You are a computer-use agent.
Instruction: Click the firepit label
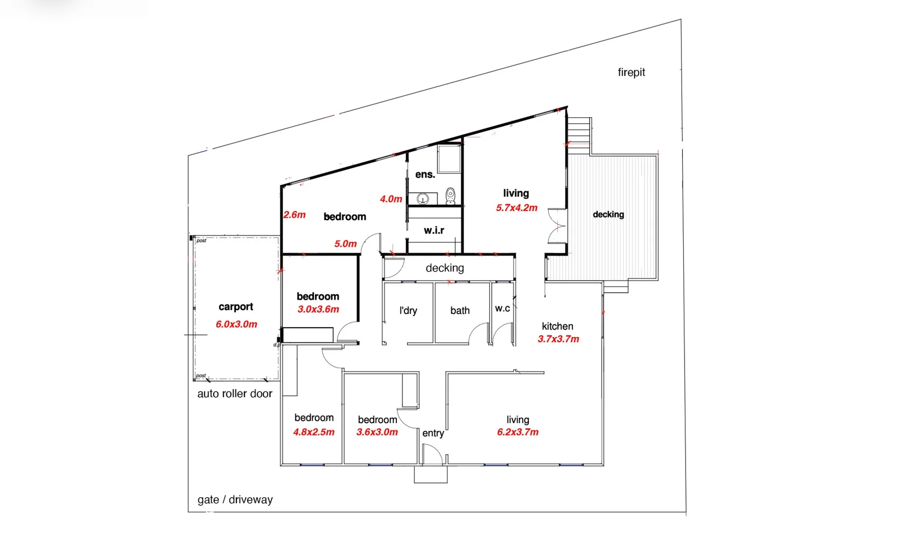pyautogui.click(x=631, y=73)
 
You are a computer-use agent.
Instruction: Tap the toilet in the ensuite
pyautogui.click(x=450, y=195)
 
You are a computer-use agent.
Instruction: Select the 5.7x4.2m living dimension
pyautogui.click(x=516, y=208)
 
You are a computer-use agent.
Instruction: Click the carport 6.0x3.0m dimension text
pyautogui.click(x=236, y=324)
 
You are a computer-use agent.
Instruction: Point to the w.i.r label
pyautogui.click(x=434, y=230)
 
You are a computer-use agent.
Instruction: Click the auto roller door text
pyautogui.click(x=234, y=394)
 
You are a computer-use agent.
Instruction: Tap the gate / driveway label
pyautogui.click(x=235, y=500)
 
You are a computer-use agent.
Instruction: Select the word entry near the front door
pyautogui.click(x=433, y=433)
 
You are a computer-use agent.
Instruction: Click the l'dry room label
pyautogui.click(x=408, y=311)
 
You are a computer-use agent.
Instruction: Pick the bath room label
pyautogui.click(x=460, y=311)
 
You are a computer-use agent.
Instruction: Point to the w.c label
pyautogui.click(x=502, y=309)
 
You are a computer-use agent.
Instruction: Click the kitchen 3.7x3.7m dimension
pyautogui.click(x=558, y=339)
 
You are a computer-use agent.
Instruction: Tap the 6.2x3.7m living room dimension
pyautogui.click(x=518, y=432)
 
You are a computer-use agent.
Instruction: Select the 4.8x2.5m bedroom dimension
pyautogui.click(x=314, y=432)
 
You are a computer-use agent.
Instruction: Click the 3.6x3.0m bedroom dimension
pyautogui.click(x=377, y=432)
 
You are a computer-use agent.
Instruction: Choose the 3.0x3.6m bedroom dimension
pyautogui.click(x=318, y=310)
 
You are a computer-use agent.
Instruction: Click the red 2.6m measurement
pyautogui.click(x=294, y=215)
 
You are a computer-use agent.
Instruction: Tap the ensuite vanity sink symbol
pyautogui.click(x=423, y=198)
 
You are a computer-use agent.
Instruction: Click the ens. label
pyautogui.click(x=425, y=175)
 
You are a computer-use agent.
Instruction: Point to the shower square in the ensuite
pyautogui.click(x=449, y=159)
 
